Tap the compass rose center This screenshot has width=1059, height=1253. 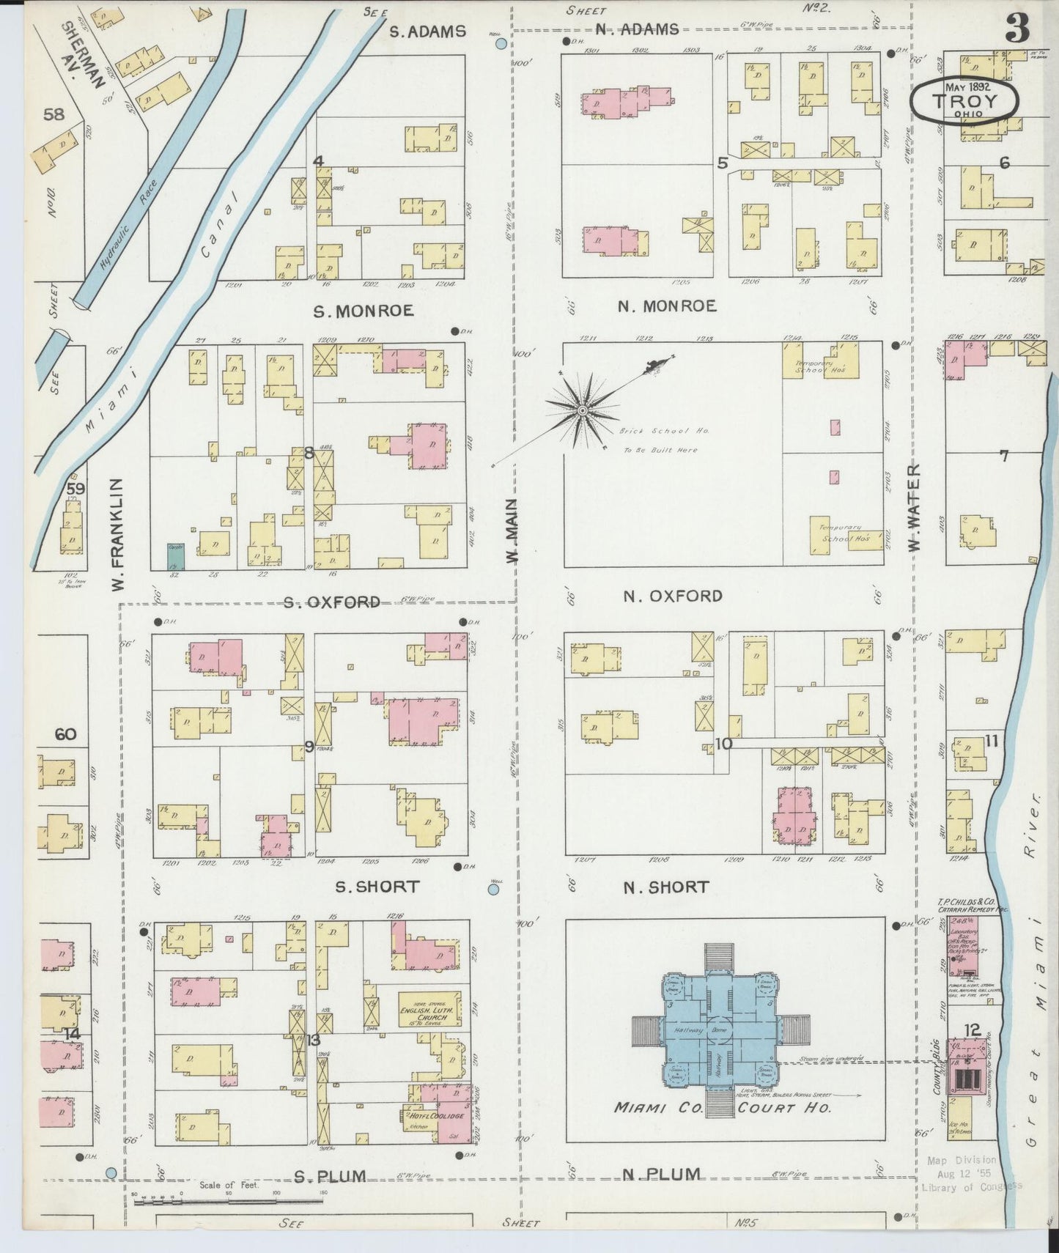coord(582,410)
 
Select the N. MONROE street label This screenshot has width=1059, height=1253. coord(666,306)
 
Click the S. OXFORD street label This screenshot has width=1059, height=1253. coord(331,602)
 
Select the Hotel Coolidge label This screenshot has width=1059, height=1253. coord(432,1115)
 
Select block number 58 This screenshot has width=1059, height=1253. coord(53,114)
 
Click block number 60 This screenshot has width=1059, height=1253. coord(65,734)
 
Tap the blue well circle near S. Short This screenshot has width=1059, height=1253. coord(493,890)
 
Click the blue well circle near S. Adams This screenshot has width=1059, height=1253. coord(501,43)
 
